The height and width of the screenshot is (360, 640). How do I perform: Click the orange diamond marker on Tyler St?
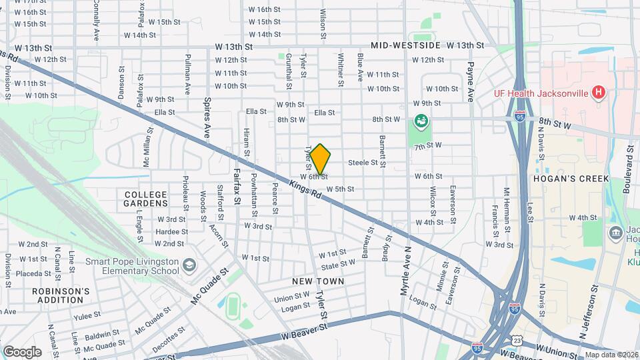coord(320,159)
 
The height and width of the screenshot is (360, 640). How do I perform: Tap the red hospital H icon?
coord(599,93)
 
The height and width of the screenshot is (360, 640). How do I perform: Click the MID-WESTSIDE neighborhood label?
coord(405,45)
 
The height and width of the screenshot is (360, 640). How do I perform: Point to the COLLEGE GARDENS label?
coord(146,199)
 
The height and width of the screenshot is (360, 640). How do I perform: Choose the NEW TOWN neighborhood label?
coord(318,281)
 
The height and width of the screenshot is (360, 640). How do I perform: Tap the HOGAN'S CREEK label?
coord(562,179)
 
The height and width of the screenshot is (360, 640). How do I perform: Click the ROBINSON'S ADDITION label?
coord(61,295)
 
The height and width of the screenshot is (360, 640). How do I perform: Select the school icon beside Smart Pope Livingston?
coord(189,265)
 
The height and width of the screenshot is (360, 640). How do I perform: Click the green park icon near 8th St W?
coord(421,121)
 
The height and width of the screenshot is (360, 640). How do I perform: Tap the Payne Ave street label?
coord(470,82)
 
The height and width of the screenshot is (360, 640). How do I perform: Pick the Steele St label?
coord(363,162)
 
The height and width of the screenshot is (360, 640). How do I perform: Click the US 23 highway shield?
coord(517,341)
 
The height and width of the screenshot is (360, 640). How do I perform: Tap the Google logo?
coord(22,351)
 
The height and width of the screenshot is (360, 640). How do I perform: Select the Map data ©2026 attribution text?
coord(611,355)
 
